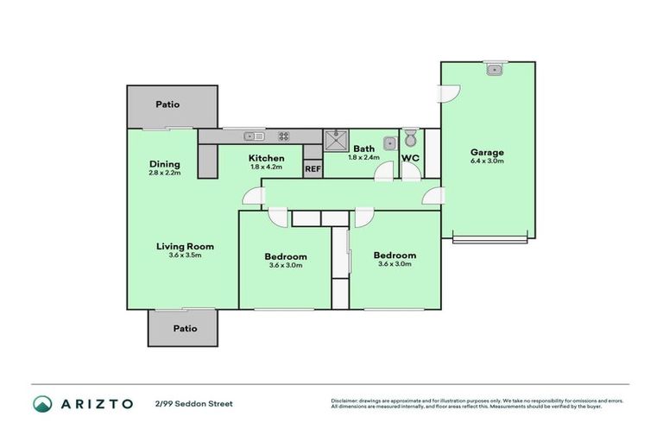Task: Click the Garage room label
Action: pyautogui.click(x=487, y=153)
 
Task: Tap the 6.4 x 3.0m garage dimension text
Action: pyautogui.click(x=487, y=161)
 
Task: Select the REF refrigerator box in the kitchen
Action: pyautogui.click(x=313, y=169)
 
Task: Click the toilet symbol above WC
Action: pyautogui.click(x=411, y=138)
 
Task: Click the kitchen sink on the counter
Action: pyautogui.click(x=254, y=136)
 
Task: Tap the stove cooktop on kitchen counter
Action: pyautogui.click(x=283, y=136)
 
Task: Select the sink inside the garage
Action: pyautogui.click(x=494, y=69)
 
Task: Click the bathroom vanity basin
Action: pyautogui.click(x=389, y=142)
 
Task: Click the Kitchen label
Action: pyautogui.click(x=267, y=158)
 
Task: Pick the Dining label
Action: pyautogui.click(x=164, y=164)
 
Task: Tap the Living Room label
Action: pyautogui.click(x=185, y=246)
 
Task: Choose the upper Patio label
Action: pyautogui.click(x=167, y=104)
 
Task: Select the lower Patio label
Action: pyautogui.click(x=185, y=328)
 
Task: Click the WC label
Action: pyautogui.click(x=411, y=159)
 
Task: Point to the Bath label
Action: pyautogui.click(x=363, y=148)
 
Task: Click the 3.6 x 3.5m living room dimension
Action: pyautogui.click(x=185, y=256)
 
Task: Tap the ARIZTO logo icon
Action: pyautogui.click(x=42, y=403)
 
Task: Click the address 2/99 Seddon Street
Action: pyautogui.click(x=193, y=403)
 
